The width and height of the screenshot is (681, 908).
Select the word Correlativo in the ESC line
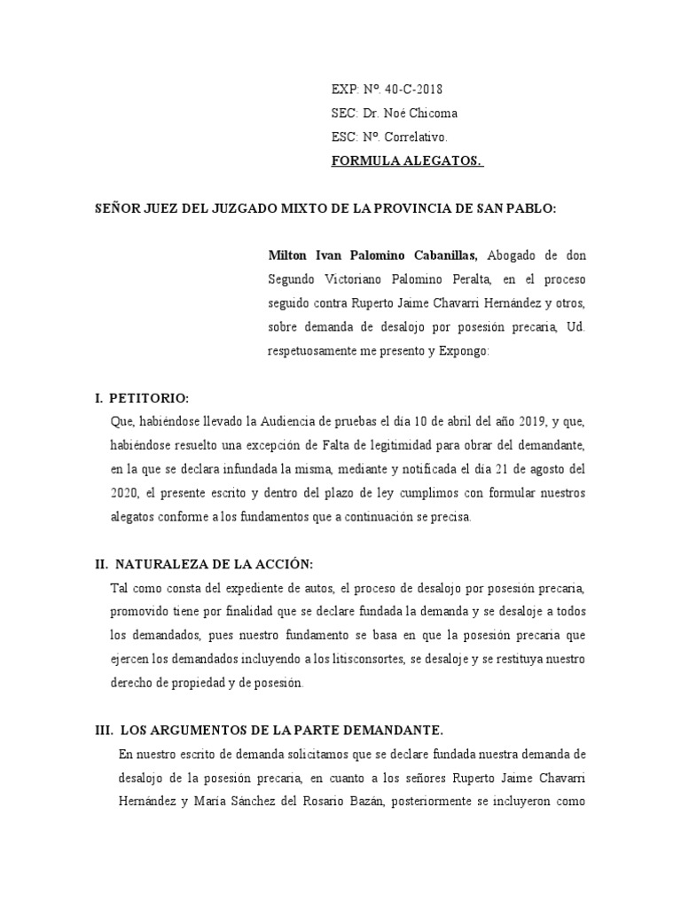(x=417, y=137)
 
